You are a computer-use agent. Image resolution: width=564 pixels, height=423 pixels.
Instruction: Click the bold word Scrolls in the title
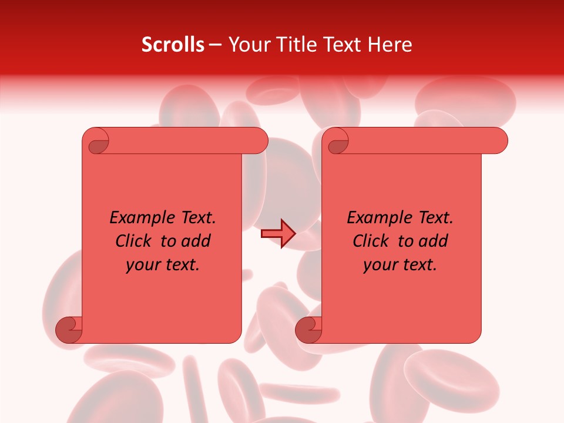tap(173, 45)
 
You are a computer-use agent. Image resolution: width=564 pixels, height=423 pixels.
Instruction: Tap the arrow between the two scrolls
tap(278, 234)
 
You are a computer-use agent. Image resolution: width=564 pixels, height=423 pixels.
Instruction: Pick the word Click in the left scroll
tap(135, 241)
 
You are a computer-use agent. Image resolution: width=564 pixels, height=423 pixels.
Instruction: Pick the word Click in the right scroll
tap(372, 241)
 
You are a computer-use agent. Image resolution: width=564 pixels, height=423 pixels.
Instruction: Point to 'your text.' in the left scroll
tap(163, 264)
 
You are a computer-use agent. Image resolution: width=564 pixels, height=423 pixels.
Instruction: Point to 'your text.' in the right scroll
tap(400, 264)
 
